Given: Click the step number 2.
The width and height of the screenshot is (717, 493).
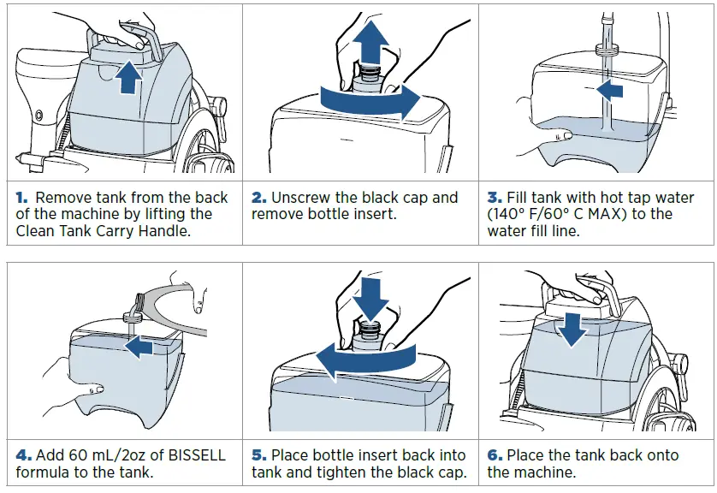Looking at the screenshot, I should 258,198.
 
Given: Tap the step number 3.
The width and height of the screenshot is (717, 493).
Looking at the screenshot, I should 494,198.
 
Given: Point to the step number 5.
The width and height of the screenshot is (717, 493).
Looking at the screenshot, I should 258,454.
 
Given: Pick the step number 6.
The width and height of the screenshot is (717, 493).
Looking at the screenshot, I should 494,454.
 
